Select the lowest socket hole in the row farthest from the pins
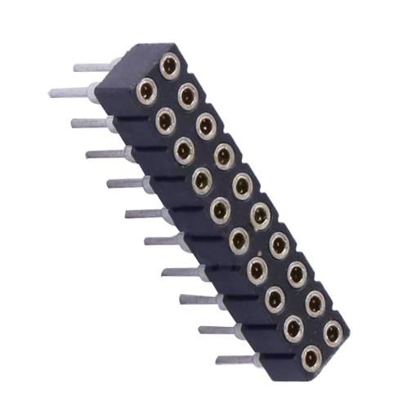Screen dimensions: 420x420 click(333, 332)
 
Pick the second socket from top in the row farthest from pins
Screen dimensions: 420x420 click(188, 96)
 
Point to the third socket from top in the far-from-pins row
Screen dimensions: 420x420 click(206, 125)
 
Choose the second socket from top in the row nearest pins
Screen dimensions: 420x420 click(165, 121)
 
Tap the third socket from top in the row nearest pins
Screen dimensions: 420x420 click(184, 150)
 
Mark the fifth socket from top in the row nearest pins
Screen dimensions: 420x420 click(220, 209)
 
